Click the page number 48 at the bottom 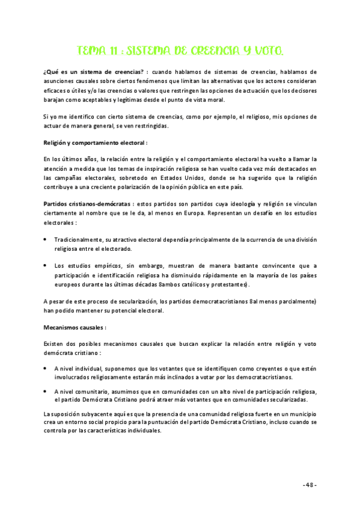tap(310, 485)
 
